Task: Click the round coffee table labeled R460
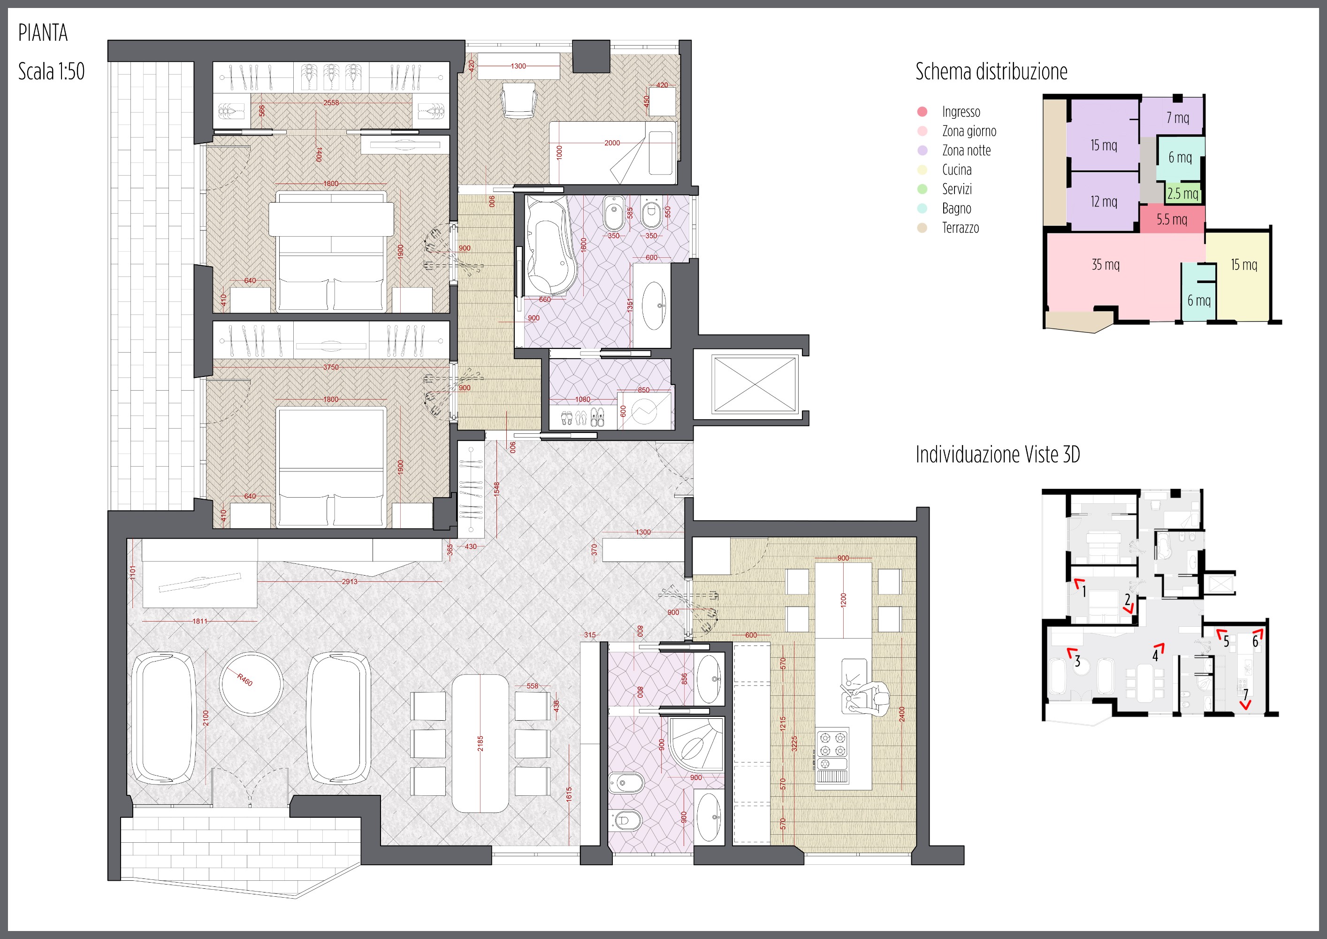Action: pyautogui.click(x=252, y=684)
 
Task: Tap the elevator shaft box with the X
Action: pyautogui.click(x=755, y=385)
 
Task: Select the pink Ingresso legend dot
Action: pyautogui.click(x=922, y=112)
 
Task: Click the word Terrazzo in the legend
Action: pyautogui.click(x=961, y=228)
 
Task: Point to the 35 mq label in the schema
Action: pyautogui.click(x=1105, y=265)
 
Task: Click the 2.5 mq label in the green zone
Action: pyautogui.click(x=1182, y=194)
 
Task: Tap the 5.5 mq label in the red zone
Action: pyautogui.click(x=1172, y=220)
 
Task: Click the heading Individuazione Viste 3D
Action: pyautogui.click(x=998, y=454)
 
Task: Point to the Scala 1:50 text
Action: pyautogui.click(x=52, y=71)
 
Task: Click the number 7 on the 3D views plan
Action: pyautogui.click(x=1245, y=694)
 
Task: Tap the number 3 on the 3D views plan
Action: pyautogui.click(x=1077, y=662)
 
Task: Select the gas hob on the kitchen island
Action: pyautogui.click(x=831, y=744)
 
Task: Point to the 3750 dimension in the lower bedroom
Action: pyautogui.click(x=331, y=367)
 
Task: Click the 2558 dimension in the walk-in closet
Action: pyautogui.click(x=331, y=103)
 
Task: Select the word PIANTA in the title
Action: pyautogui.click(x=43, y=33)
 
